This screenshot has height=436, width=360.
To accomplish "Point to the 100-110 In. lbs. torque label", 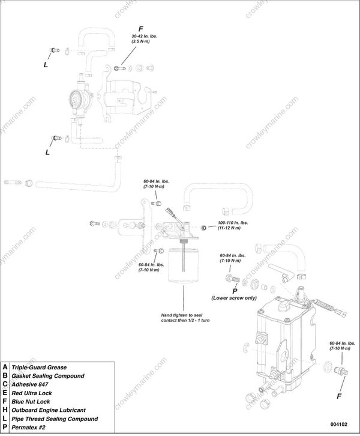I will (x=229, y=225).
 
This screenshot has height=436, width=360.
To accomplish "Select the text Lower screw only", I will (x=234, y=298).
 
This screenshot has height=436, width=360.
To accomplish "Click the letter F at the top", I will (x=141, y=28).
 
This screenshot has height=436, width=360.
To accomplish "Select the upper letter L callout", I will (x=46, y=64).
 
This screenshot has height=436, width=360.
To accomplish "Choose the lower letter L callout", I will (x=47, y=152).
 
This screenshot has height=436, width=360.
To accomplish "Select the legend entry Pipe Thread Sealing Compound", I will (x=54, y=419).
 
